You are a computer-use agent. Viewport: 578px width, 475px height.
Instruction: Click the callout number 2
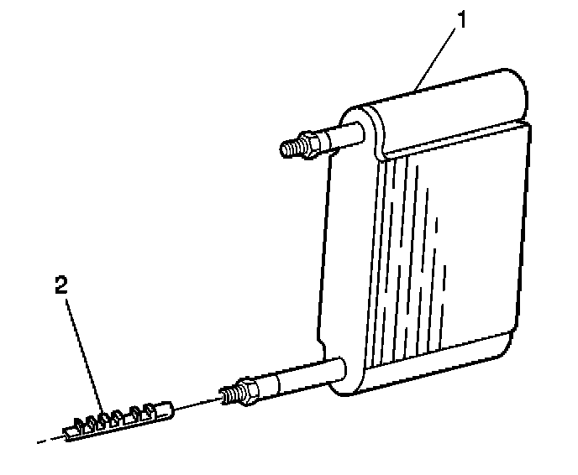[x=60, y=285]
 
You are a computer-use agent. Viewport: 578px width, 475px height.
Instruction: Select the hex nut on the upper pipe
[x=309, y=145]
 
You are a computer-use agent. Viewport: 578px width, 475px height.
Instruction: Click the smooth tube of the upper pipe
[x=340, y=137]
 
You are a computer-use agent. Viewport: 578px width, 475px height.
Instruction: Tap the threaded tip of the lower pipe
[x=228, y=394]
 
